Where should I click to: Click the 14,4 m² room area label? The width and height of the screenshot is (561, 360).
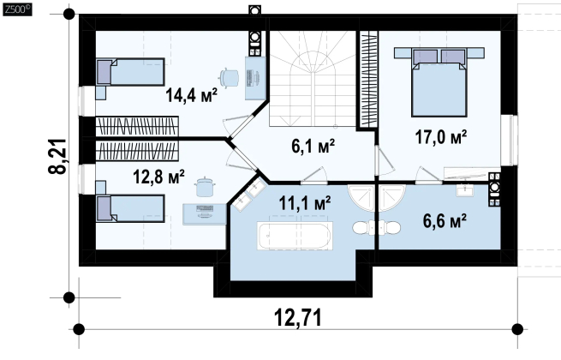point(191,96)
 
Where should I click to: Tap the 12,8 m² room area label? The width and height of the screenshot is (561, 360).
point(158,177)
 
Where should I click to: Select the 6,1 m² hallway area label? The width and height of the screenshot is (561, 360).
point(313,146)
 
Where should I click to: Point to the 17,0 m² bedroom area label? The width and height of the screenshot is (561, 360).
point(441,137)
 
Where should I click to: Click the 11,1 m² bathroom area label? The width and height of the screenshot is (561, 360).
point(305,203)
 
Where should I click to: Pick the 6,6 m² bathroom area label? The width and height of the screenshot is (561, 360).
point(445,220)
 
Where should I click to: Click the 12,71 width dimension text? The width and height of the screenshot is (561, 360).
point(298,317)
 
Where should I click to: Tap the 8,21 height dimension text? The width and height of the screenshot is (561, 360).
point(57,156)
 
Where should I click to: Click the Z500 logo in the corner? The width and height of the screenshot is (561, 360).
point(17,9)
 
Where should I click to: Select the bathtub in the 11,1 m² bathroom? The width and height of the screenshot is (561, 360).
point(295,236)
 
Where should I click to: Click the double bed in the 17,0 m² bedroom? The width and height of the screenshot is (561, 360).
point(439,83)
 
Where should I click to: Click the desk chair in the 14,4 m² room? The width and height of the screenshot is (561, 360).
point(229,77)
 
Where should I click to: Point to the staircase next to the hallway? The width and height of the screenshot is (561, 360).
point(313,78)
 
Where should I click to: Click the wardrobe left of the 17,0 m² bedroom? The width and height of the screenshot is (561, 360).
point(368,79)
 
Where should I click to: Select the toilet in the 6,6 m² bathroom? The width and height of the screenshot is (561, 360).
point(390,227)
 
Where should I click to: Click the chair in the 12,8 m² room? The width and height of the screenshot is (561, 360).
point(205,187)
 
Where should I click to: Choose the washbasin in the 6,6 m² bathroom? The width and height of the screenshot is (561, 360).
point(464,189)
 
